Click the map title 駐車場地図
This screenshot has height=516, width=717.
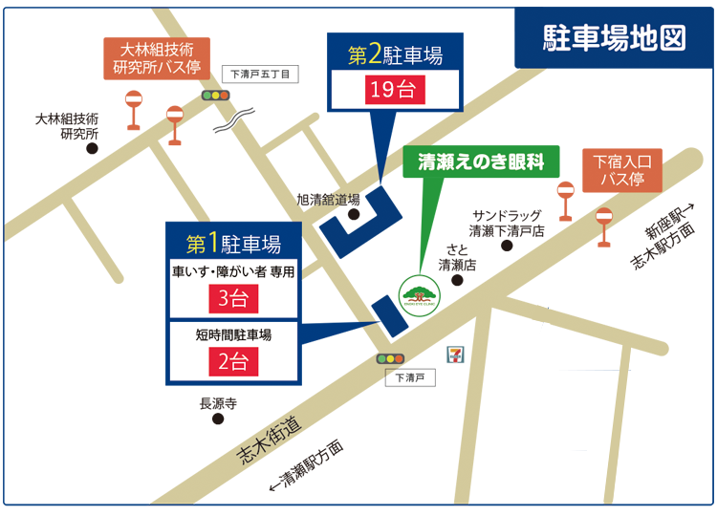coord(615,37)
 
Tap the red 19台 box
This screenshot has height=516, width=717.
coord(394,91)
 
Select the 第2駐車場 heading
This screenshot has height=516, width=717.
coord(394,56)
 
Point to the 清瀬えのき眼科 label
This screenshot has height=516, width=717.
coord(481,162)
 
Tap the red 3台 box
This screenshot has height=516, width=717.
coord(233,299)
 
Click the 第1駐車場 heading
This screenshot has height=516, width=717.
coord(233,241)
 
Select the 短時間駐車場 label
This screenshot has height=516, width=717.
coord(233,335)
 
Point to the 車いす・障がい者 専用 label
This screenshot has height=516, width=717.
coord(233,271)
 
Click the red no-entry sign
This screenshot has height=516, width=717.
coord(603,216)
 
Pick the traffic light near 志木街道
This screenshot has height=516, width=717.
coord(390,358)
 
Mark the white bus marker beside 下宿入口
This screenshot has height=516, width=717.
coord(565,190)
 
